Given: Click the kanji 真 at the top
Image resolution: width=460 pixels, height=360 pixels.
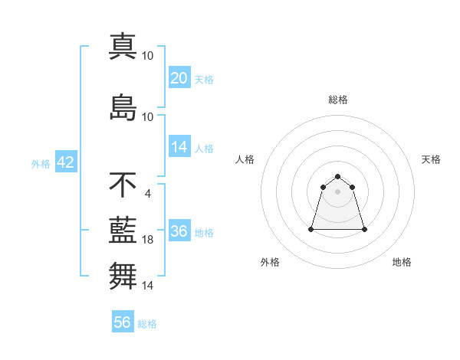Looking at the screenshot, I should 123,46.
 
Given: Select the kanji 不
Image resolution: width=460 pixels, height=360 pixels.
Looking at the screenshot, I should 123,185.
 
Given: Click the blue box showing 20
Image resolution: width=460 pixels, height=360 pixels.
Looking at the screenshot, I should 179,78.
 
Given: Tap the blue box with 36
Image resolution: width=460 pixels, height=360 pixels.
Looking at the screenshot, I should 179,231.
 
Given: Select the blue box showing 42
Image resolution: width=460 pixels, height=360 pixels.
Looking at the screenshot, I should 65,163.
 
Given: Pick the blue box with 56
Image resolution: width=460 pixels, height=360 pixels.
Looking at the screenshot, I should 123,322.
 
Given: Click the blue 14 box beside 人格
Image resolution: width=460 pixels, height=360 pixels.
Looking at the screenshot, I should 179,147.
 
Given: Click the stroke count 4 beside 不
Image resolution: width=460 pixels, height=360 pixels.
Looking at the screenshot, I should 147,193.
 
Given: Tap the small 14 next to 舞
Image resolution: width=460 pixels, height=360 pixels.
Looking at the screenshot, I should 147,286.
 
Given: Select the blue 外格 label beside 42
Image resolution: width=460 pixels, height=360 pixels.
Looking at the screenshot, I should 41,164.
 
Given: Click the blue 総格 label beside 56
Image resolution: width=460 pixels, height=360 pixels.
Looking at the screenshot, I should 147,323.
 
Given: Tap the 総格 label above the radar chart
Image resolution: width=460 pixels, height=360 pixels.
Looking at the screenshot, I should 337,100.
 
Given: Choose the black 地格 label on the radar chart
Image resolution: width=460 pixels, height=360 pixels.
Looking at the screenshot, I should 402,262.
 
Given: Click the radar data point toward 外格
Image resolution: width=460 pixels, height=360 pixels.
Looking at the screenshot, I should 311,229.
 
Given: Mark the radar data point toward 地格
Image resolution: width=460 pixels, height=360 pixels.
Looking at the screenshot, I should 364,229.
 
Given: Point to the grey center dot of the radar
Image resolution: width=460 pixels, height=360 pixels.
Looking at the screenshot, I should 337,191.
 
